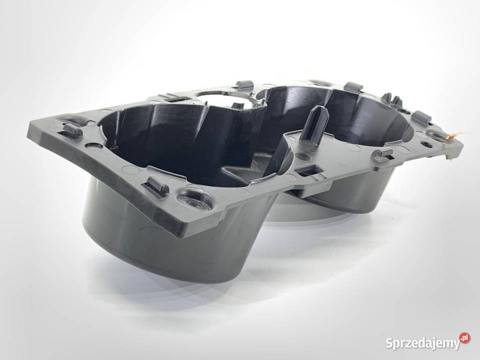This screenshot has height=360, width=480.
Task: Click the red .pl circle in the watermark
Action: click(x=464, y=338)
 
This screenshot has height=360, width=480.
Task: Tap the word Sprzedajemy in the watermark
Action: click(x=422, y=343)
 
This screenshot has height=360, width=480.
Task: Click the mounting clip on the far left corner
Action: click(x=72, y=130)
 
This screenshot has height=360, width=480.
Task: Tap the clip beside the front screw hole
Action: click(x=157, y=186)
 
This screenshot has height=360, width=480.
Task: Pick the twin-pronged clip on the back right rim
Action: click(x=392, y=99)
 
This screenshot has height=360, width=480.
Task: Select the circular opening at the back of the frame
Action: click(x=220, y=94)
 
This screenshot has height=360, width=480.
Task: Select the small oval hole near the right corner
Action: click(x=426, y=144)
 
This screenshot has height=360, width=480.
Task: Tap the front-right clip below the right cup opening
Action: click(x=383, y=154)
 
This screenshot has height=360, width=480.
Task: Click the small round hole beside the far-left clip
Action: click(x=93, y=145)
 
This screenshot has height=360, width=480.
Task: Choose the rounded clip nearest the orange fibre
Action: click(x=421, y=118)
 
